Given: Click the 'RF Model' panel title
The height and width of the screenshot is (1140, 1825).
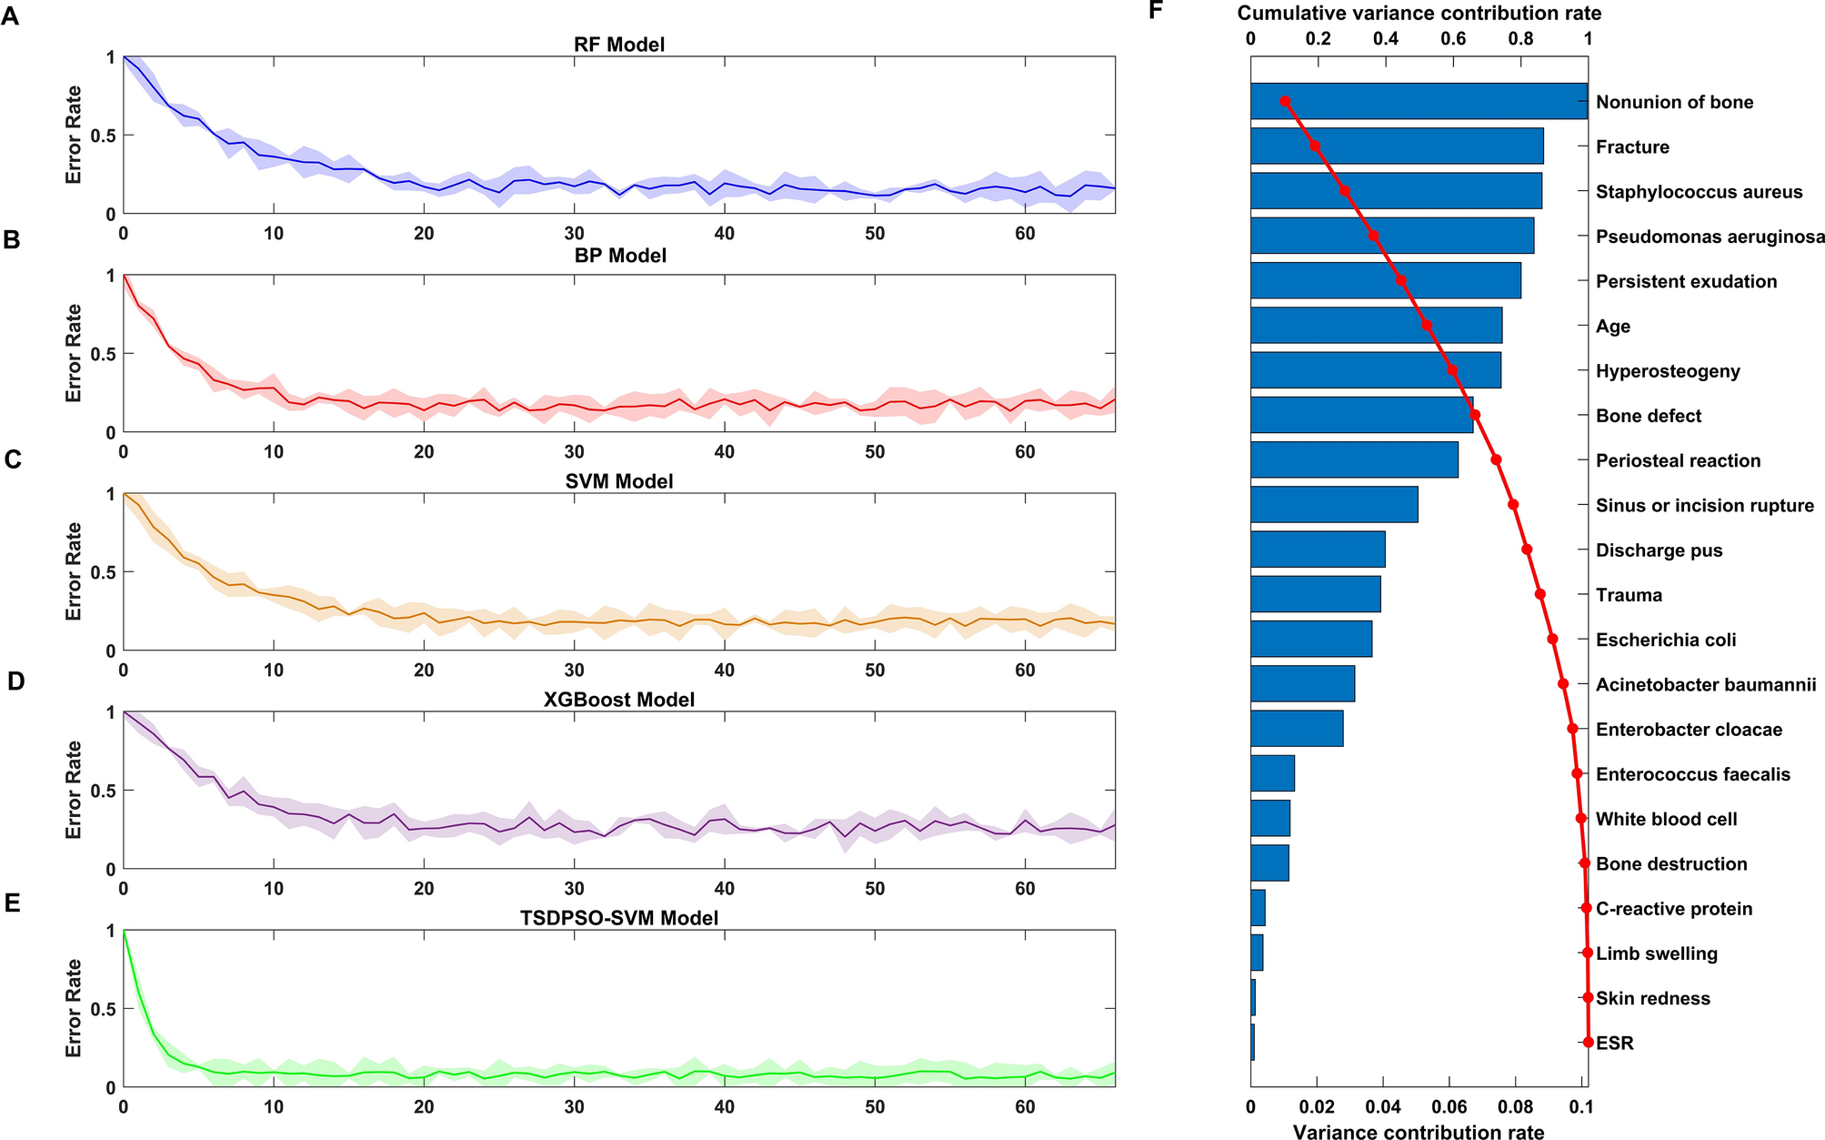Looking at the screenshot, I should pos(618,44).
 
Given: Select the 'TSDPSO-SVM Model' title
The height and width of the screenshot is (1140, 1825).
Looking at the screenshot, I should pos(618,917).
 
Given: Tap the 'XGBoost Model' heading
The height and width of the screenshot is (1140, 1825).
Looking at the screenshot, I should pos(618,699).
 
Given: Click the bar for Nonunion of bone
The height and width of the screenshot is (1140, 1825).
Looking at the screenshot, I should pos(1419,101).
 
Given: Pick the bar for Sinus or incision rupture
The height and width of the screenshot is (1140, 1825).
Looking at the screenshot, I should pos(1334,504).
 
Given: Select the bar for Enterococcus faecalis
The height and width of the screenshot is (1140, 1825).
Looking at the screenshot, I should pos(1272,773).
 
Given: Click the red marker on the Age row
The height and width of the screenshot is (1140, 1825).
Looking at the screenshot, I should pos(1427,326).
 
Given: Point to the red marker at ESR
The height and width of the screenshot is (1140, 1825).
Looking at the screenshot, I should pos(1588,1042).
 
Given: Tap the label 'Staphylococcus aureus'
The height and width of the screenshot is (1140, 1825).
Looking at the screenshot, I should pos(1699,192).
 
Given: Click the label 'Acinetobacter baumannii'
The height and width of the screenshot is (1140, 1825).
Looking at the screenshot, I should pos(1705,684).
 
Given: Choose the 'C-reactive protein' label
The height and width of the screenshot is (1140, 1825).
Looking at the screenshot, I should pos(1673,908).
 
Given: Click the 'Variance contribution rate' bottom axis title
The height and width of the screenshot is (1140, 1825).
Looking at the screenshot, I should pos(1419,1132).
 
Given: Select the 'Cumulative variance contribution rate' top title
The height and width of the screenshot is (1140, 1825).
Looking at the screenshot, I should pos(1419,13).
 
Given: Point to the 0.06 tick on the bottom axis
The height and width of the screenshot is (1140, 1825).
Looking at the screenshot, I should pos(1449,1107).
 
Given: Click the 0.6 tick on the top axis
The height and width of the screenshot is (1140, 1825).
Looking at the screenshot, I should pos(1453,38).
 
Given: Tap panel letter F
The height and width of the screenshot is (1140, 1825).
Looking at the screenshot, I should pos(1156,11).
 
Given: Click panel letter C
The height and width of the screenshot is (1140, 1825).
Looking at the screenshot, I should pos(12,459).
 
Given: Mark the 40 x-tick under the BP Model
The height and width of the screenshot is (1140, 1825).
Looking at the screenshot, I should pos(724,451).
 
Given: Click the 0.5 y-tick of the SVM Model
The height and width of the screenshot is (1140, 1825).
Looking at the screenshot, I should pos(105,571).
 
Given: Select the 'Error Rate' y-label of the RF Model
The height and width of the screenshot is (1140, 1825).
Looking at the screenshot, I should pos(74,135).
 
